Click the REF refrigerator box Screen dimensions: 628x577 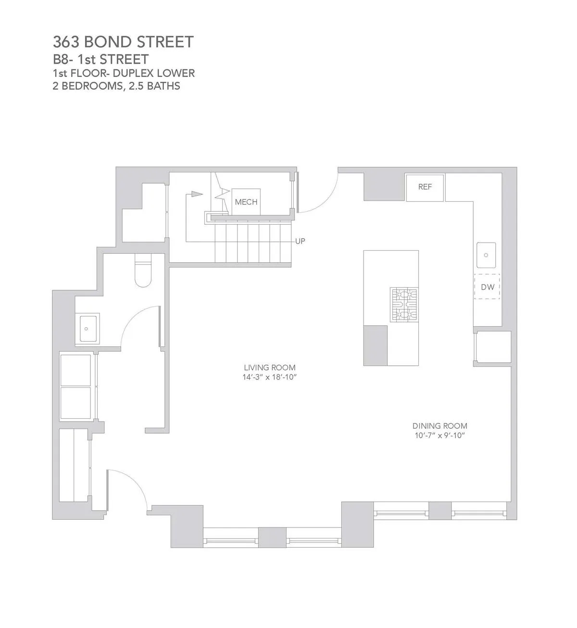click(x=425, y=187)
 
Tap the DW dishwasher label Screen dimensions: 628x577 click(x=488, y=287)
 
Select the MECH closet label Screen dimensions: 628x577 click(x=246, y=202)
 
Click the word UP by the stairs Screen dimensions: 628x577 click(x=300, y=241)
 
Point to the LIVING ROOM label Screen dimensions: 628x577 click(x=269, y=368)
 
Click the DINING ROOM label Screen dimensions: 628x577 click(x=439, y=426)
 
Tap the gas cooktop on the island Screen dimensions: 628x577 click(x=403, y=305)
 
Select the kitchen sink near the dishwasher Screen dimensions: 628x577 click(x=486, y=255)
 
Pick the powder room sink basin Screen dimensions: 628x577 click(x=87, y=329)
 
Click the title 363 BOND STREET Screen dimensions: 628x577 click(x=123, y=42)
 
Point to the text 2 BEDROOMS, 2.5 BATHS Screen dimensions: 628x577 click(x=116, y=86)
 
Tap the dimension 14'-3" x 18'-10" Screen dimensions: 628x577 click(x=269, y=377)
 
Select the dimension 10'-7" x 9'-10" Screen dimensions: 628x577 click(x=439, y=436)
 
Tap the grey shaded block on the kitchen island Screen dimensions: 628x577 click(x=375, y=345)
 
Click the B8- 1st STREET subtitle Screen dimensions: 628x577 click(x=100, y=60)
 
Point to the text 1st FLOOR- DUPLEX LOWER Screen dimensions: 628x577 click(x=124, y=74)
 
